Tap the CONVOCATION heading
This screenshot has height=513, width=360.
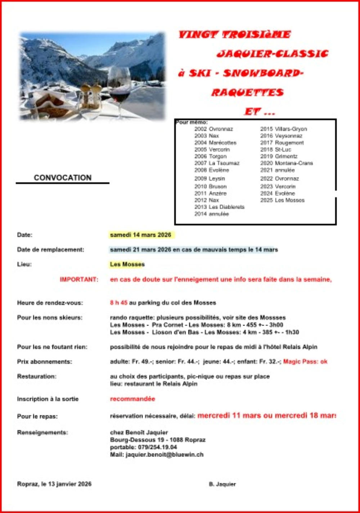(x=63, y=177)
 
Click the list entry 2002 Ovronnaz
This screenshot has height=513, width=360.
(x=213, y=129)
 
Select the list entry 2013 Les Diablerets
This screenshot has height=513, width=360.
(x=219, y=207)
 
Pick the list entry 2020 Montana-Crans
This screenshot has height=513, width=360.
(x=287, y=163)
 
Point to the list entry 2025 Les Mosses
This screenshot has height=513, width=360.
(x=282, y=200)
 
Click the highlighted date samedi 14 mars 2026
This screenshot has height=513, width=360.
(x=141, y=235)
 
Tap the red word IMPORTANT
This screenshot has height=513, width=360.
(x=79, y=279)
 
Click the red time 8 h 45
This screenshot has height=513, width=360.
(x=119, y=303)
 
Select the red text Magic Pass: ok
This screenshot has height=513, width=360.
(x=305, y=361)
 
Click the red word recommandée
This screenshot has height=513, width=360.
(x=132, y=399)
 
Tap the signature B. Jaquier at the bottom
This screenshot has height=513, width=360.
(x=222, y=484)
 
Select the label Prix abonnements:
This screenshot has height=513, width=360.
(x=44, y=362)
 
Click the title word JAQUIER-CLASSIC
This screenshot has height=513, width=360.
(x=273, y=54)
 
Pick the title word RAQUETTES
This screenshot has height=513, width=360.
(x=247, y=93)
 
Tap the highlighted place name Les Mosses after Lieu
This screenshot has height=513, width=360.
(x=127, y=264)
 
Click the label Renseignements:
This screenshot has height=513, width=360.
(x=42, y=432)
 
